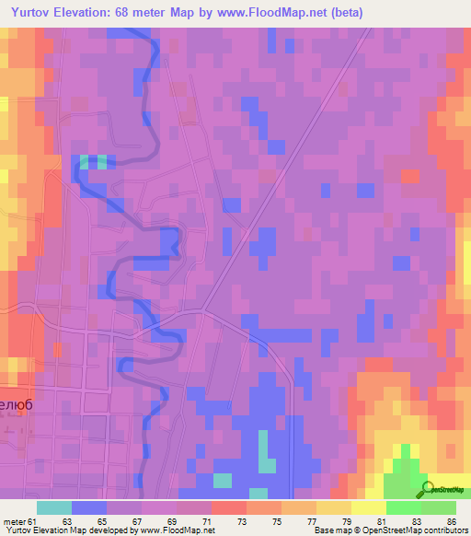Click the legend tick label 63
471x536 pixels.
point(66,520)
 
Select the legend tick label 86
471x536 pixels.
point(451,520)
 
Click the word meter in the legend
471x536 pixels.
point(17,520)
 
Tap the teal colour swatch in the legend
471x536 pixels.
point(53,507)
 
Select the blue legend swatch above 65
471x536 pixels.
point(88,507)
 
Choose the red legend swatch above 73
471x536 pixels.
point(228,507)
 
